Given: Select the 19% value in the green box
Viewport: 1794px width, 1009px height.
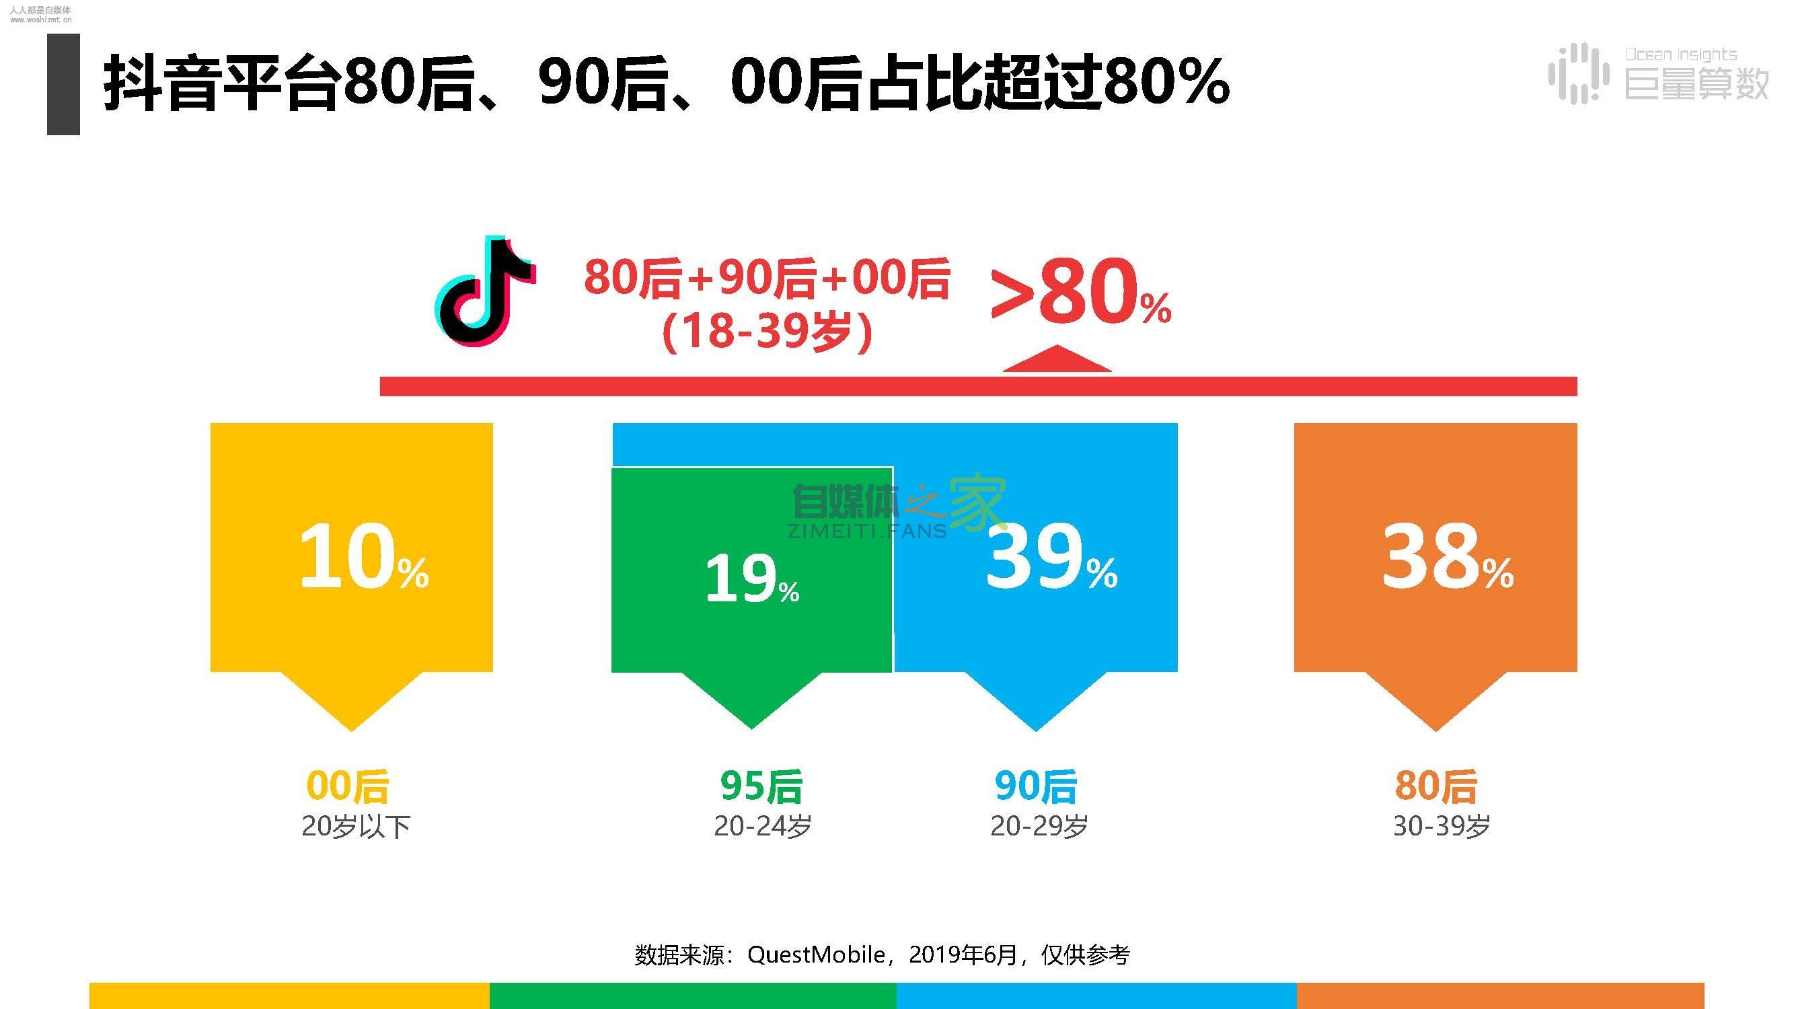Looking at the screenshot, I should (751, 578).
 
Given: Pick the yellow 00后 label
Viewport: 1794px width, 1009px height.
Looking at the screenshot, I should (348, 786).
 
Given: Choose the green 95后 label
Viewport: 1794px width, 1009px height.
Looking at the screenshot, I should (761, 786).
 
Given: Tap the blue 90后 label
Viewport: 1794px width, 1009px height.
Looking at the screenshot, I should (1036, 786).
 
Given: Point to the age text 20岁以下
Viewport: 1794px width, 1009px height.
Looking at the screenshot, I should (356, 827).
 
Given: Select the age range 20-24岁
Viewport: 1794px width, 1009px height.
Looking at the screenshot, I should (763, 827).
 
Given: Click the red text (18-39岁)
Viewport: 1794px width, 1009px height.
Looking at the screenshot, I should (767, 332).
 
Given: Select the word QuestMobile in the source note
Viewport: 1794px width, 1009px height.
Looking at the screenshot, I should (815, 955).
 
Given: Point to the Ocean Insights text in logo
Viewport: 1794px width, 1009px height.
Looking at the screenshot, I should (1680, 54).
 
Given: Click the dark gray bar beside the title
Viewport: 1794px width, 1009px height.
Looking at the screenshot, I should (63, 84).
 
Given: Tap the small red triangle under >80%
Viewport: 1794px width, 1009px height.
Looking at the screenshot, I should (1057, 359).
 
